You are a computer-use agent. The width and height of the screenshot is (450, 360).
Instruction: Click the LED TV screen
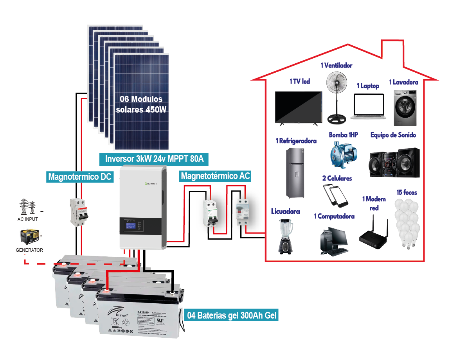pyautogui.click(x=299, y=107)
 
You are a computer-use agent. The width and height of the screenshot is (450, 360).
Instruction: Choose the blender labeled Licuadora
pyautogui.click(x=286, y=236)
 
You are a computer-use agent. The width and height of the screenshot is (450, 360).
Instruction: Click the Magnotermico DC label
pyautogui.click(x=80, y=177)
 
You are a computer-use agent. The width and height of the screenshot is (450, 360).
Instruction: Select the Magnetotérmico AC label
pyautogui.click(x=215, y=176)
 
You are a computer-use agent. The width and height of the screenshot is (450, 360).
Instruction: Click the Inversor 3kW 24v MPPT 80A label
pyautogui.click(x=154, y=159)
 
